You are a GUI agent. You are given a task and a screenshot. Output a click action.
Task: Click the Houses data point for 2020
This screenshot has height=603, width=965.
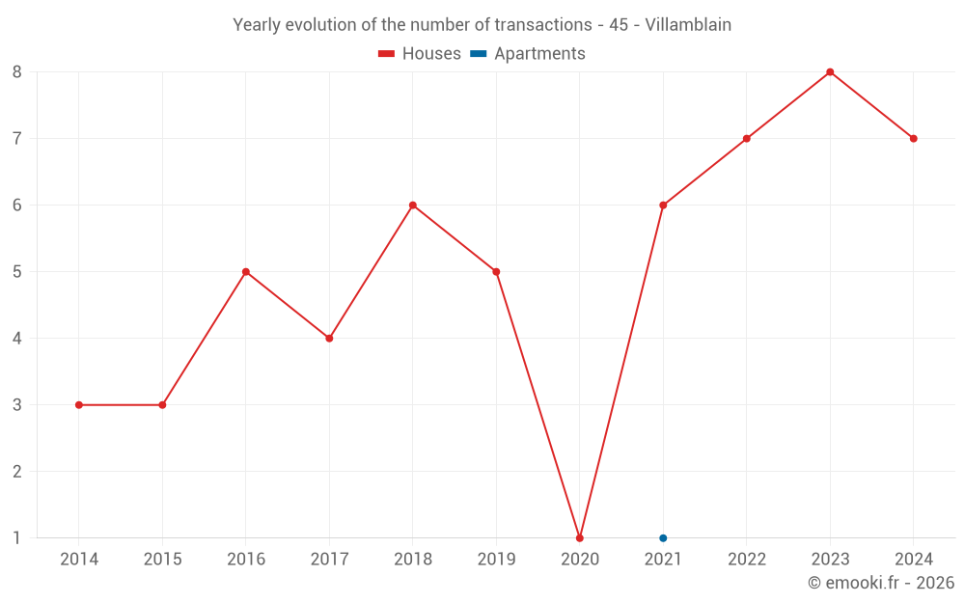(x=580, y=537)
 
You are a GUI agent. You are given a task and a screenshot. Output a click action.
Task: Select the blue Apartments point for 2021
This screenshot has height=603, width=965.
(x=663, y=537)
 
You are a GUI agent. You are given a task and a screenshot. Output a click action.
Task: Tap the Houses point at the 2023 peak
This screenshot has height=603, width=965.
(x=830, y=72)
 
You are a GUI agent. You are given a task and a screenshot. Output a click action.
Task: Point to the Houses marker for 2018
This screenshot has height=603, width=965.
(x=413, y=206)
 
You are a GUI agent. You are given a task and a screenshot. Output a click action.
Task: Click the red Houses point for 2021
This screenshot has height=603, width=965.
(x=663, y=206)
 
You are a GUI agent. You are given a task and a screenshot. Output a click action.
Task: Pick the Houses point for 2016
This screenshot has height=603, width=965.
(x=246, y=272)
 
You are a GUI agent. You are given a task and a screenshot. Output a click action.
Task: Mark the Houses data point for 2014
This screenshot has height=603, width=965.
(x=79, y=405)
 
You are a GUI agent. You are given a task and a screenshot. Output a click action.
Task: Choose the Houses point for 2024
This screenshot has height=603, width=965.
(x=913, y=139)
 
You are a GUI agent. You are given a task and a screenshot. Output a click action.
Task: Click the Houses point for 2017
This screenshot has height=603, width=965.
(x=329, y=339)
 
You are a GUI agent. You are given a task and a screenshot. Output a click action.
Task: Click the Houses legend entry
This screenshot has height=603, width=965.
(x=420, y=54)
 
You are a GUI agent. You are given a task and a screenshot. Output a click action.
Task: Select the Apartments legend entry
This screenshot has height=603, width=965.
(x=528, y=54)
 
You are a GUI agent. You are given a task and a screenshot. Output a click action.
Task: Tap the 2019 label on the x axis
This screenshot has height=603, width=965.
(x=496, y=560)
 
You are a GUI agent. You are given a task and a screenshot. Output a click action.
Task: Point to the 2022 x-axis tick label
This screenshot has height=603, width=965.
(x=747, y=560)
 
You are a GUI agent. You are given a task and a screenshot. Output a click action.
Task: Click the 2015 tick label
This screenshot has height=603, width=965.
(x=162, y=560)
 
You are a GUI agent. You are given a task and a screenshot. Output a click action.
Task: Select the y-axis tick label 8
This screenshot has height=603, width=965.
(x=17, y=72)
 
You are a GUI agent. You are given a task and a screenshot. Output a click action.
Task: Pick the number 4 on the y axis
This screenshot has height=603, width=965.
(x=17, y=339)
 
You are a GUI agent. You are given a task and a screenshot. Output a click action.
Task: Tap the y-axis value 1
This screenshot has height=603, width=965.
(x=17, y=537)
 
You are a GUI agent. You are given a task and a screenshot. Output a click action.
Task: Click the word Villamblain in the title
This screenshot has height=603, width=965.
(x=684, y=25)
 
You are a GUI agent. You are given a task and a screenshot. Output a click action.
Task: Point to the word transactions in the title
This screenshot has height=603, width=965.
(x=543, y=25)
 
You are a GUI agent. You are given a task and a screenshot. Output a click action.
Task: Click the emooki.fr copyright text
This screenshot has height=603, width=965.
(x=880, y=583)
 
